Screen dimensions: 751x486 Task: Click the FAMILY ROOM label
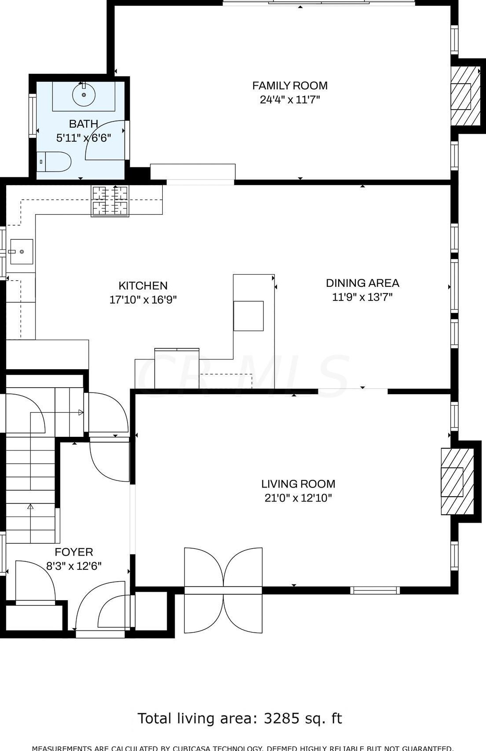[x=289, y=85]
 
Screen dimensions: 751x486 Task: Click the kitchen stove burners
[x=110, y=201]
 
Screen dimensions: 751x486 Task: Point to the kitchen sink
[x=22, y=252]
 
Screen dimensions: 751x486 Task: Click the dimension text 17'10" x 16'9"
[x=143, y=300]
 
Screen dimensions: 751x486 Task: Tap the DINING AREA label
[x=362, y=283]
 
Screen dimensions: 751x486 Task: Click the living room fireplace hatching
[x=457, y=481]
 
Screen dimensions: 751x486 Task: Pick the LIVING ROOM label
[x=298, y=484]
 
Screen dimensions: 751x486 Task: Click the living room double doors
[x=223, y=590]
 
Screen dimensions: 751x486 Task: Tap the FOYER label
[x=74, y=552]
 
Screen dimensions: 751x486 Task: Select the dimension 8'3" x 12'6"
[x=74, y=566]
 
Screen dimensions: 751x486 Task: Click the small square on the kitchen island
[x=248, y=316]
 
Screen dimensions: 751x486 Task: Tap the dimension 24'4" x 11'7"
[x=289, y=99]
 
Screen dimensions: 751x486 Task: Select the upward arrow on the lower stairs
[x=30, y=507]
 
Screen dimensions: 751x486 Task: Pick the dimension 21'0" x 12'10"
[x=298, y=498]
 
